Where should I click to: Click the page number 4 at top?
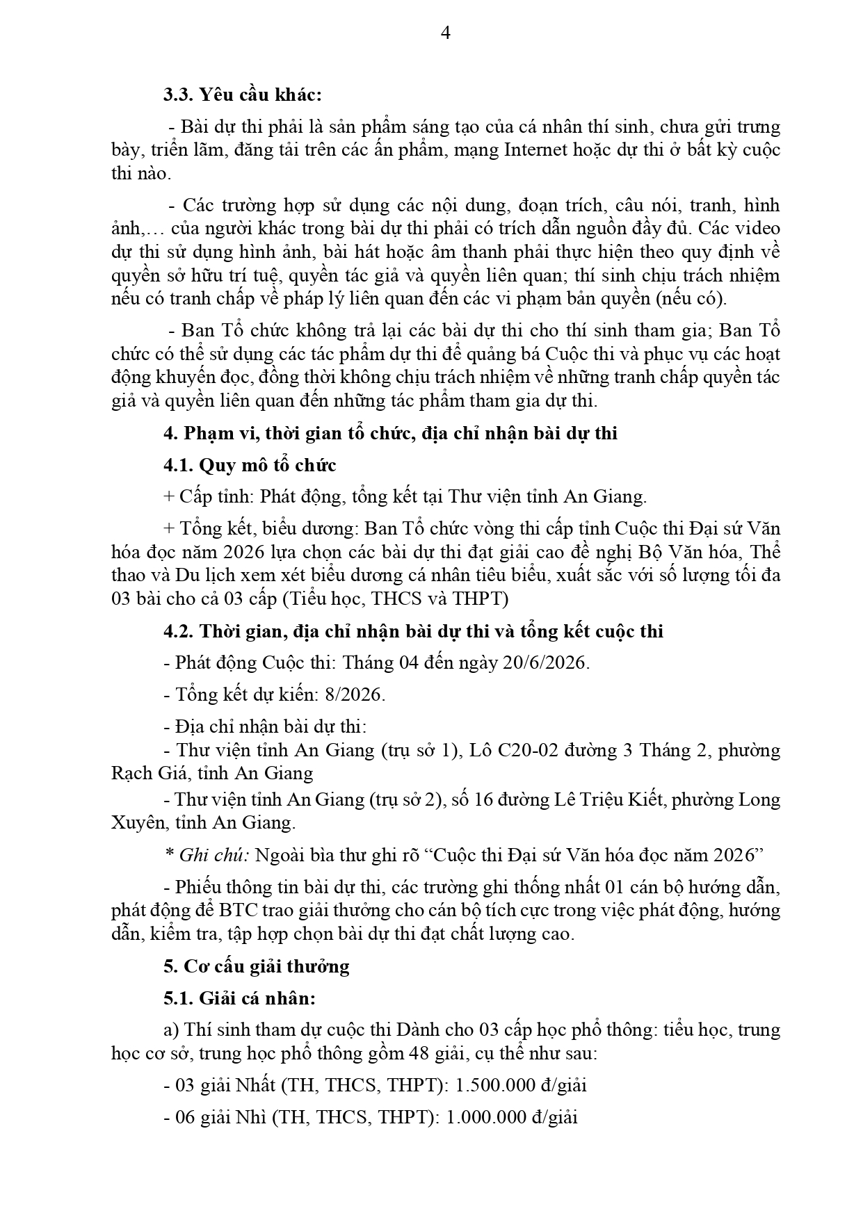(x=446, y=33)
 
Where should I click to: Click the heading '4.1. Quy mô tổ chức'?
(x=250, y=465)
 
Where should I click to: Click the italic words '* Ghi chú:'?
(x=207, y=854)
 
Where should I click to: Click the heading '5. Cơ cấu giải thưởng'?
(x=257, y=966)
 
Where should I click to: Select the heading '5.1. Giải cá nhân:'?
(x=239, y=998)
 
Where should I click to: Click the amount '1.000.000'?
(x=485, y=1117)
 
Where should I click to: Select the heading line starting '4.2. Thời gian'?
(x=413, y=631)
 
